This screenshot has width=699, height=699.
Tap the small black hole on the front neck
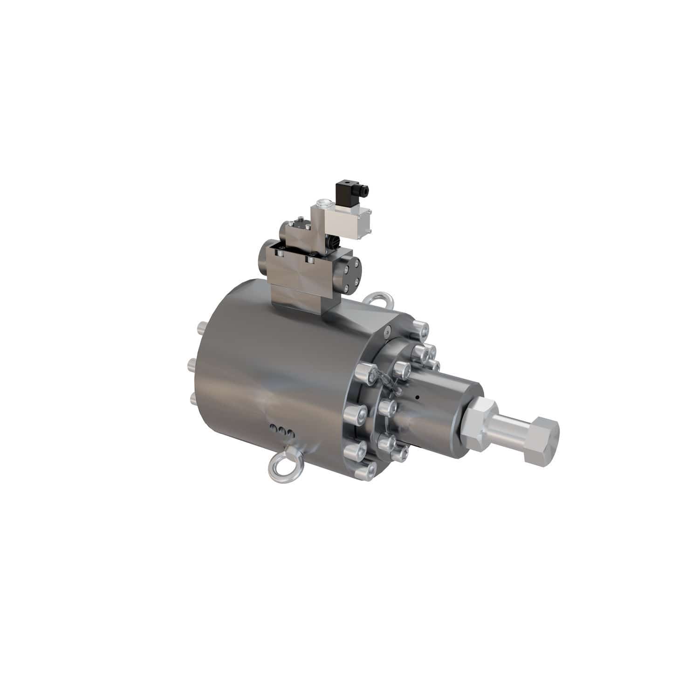click(x=418, y=397)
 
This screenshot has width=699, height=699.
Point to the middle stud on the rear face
click(x=192, y=364)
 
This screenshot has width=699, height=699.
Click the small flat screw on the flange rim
click(x=386, y=332)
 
